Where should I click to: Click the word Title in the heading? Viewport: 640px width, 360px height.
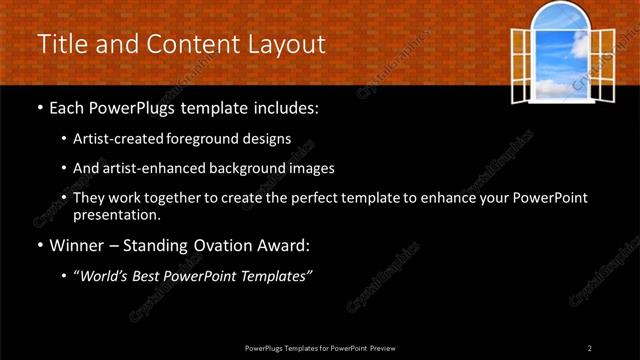[58, 44]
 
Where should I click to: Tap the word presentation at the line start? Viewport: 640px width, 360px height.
[116, 214]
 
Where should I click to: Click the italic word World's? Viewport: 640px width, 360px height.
[106, 276]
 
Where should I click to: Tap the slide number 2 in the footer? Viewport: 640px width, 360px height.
[590, 348]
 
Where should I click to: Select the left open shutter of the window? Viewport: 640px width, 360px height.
[520, 64]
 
